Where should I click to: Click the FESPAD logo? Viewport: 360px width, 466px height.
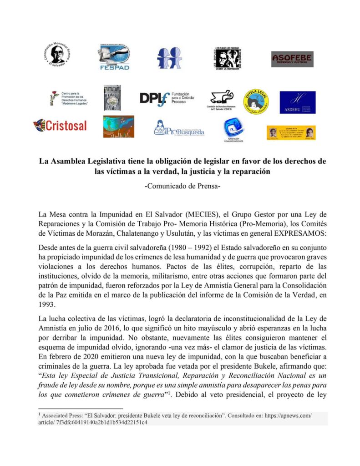[x=114, y=58]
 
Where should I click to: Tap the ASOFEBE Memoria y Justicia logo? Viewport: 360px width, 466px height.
[x=292, y=59]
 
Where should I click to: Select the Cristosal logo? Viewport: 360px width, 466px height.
[x=60, y=125]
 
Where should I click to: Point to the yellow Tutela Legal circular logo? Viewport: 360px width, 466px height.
[x=255, y=101]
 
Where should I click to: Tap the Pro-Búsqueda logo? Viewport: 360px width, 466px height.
[x=179, y=129]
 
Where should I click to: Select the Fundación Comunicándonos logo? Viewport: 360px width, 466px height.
[x=233, y=129]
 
